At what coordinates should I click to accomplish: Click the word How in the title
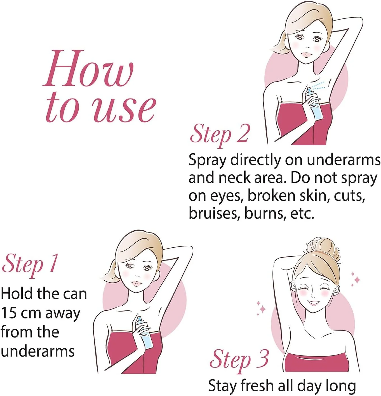tap(88, 68)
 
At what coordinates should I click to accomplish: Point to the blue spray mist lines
tap(318, 85)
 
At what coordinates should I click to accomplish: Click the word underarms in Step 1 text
tap(38, 352)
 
